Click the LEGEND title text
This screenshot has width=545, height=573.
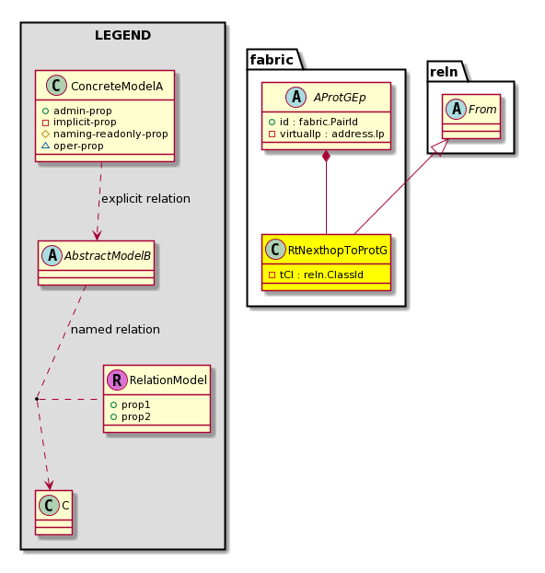(x=122, y=35)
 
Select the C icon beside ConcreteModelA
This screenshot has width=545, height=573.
(x=57, y=86)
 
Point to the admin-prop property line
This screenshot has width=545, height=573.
(x=77, y=111)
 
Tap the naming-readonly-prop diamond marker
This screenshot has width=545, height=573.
(x=46, y=134)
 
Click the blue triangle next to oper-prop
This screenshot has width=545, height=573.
(x=46, y=146)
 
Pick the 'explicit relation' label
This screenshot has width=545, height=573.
(x=145, y=198)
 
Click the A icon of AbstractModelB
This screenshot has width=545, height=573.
(x=52, y=255)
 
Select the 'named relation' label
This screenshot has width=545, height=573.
(x=115, y=329)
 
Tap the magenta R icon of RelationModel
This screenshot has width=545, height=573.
(x=117, y=380)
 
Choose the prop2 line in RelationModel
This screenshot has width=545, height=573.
(x=131, y=416)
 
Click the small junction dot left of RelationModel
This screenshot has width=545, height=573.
(x=37, y=399)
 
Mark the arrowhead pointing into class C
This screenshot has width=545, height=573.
(x=49, y=485)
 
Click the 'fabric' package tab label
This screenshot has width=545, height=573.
(x=272, y=60)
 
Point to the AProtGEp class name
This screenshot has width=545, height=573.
(x=340, y=98)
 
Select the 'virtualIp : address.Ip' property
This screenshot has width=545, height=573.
(x=327, y=134)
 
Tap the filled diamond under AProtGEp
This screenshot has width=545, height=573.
(x=326, y=157)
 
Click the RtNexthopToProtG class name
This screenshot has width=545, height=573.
(x=337, y=251)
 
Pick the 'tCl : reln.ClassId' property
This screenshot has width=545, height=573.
(x=316, y=275)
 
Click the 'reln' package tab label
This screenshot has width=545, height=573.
(x=444, y=72)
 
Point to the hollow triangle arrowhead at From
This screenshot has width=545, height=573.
(x=441, y=147)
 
